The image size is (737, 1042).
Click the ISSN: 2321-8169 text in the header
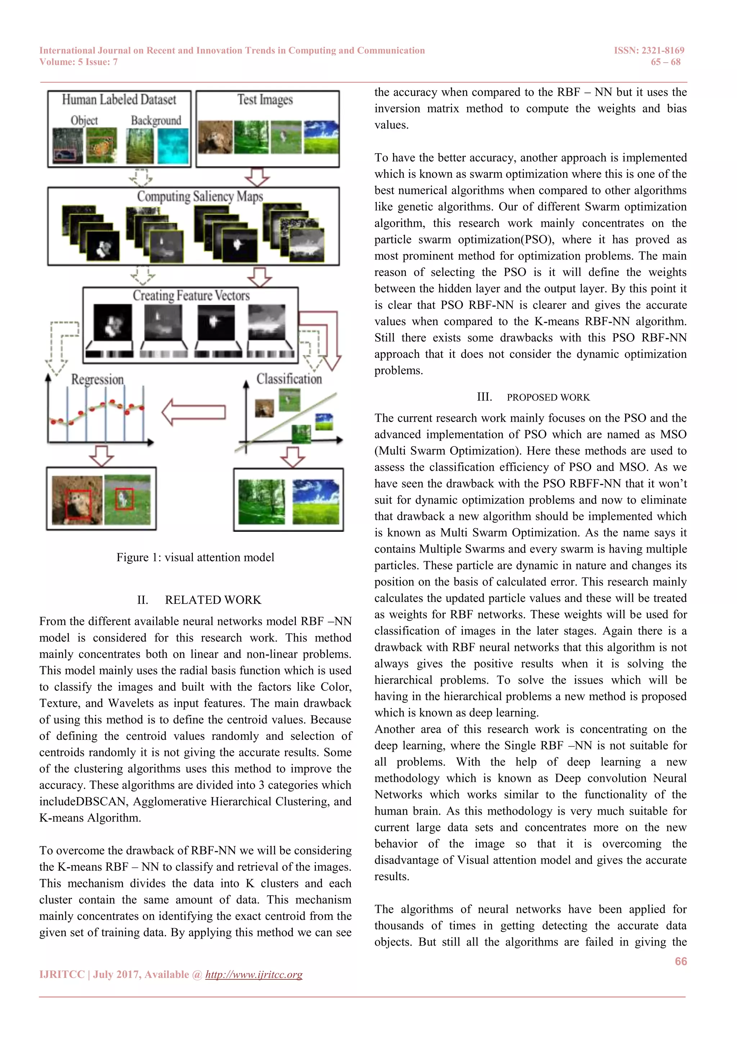(649, 50)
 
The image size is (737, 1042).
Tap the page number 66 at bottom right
(680, 961)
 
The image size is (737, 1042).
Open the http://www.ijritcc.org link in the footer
(254, 974)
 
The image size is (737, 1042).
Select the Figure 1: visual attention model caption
(195, 557)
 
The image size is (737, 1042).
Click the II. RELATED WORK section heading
(199, 599)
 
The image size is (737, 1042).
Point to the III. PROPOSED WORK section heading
(533, 397)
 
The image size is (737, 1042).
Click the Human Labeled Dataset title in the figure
(119, 99)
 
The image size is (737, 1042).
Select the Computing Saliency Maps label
(200, 196)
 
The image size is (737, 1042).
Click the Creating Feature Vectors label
(191, 295)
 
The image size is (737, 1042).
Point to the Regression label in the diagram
(97, 379)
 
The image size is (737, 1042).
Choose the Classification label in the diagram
(289, 379)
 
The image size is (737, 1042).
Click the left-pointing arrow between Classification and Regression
(194, 412)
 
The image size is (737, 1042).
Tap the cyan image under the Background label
(173, 146)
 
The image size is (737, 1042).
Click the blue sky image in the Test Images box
(321, 137)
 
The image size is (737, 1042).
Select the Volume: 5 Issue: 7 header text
(78, 62)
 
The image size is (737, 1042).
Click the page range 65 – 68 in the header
(665, 62)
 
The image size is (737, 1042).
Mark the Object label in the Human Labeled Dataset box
(84, 120)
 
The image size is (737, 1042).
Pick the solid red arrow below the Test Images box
(257, 177)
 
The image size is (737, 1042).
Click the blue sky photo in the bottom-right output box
(315, 501)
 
